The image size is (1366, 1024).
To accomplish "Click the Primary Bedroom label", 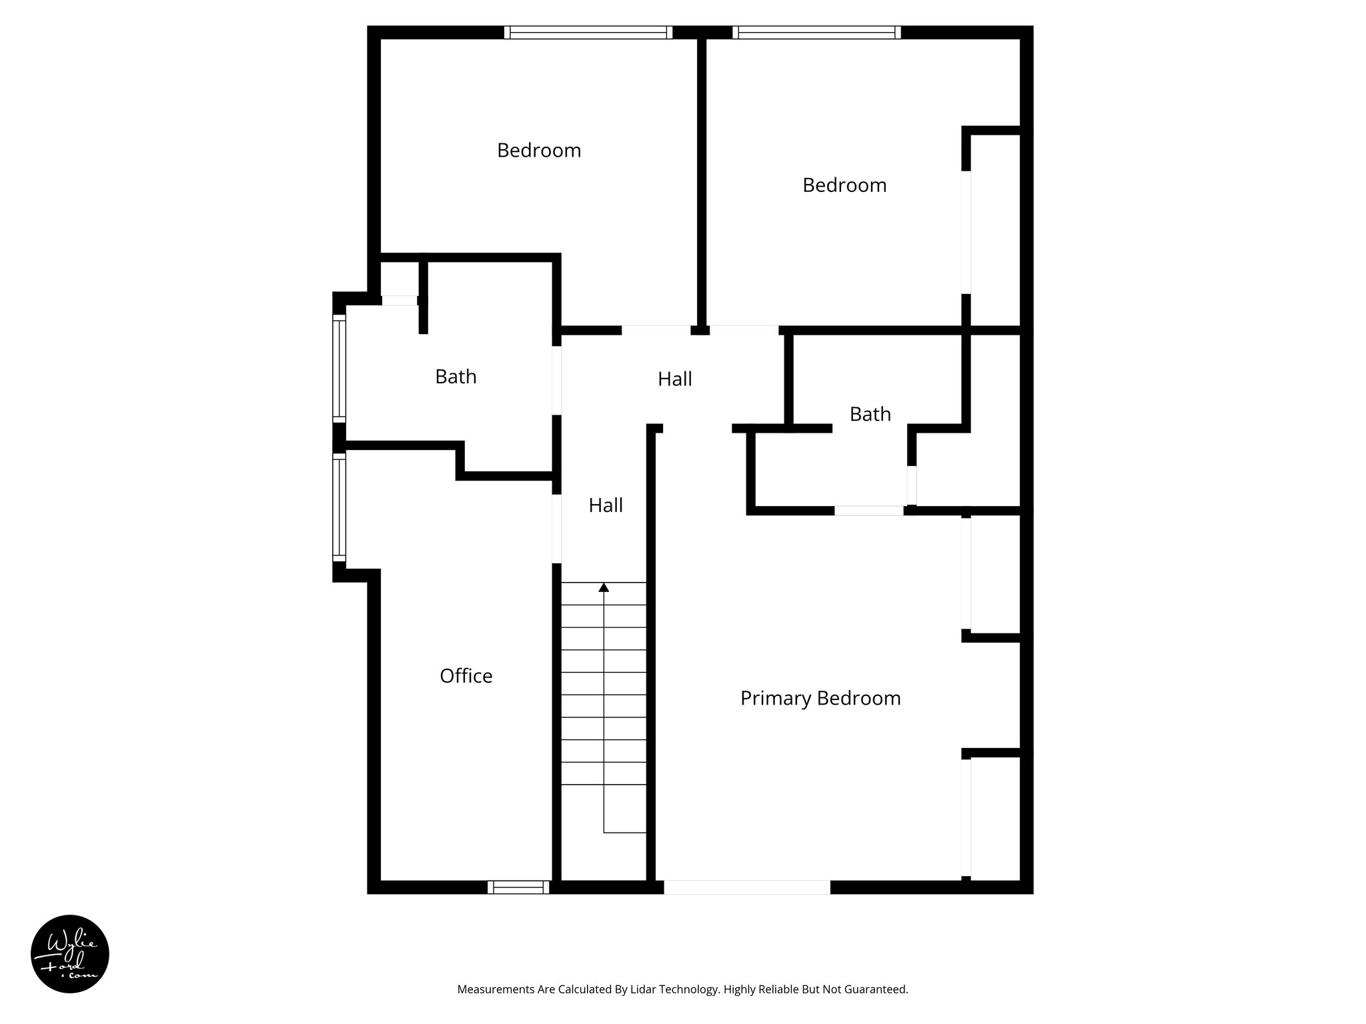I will coord(820,698).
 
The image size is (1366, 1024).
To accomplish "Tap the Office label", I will coord(466,676).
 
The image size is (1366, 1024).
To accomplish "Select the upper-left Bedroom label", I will coord(539,151).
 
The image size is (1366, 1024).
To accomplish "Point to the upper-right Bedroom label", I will coord(844,185).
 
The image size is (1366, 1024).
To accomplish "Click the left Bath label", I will coord(456,377).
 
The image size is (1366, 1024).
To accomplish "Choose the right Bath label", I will coord(870,414).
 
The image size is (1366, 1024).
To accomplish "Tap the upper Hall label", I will coord(674,379).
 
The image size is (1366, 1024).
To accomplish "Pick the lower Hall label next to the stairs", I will coord(606,505).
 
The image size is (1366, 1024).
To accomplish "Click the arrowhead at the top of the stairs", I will coord(604,587).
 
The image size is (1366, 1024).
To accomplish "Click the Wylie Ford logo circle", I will coord(70,954).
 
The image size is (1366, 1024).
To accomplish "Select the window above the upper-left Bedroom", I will coord(588,33).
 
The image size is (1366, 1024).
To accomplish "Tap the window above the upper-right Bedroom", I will coord(816,33).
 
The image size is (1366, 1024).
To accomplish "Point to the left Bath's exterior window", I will coord(339,368).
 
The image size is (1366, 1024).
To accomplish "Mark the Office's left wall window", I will coord(339,507).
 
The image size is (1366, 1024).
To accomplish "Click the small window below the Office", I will coord(518,887).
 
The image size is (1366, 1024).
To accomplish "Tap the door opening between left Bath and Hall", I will coord(557,380).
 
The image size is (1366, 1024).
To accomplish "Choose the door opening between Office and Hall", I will coord(557,528).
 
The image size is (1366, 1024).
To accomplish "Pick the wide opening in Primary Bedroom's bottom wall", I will coord(747,887).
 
